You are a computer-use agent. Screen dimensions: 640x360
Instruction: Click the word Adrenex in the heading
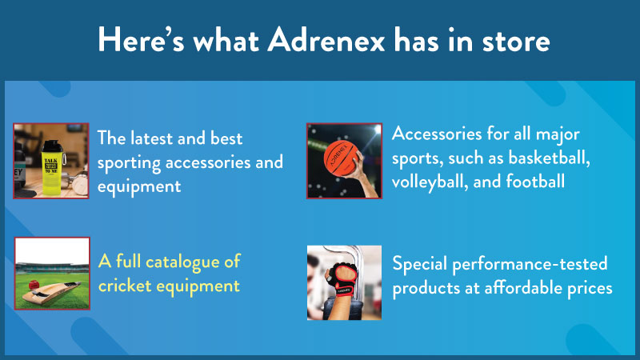(326, 41)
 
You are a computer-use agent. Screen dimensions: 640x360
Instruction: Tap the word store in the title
(516, 42)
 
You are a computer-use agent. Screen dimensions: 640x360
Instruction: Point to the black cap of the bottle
(51, 146)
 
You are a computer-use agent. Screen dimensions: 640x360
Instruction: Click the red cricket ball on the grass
(34, 284)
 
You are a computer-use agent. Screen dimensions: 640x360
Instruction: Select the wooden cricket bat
(51, 292)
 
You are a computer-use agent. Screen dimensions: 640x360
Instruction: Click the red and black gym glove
(343, 278)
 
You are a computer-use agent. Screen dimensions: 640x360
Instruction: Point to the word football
(535, 182)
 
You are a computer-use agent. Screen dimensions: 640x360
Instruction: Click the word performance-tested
(530, 264)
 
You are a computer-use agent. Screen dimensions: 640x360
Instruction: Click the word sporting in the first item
(129, 163)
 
